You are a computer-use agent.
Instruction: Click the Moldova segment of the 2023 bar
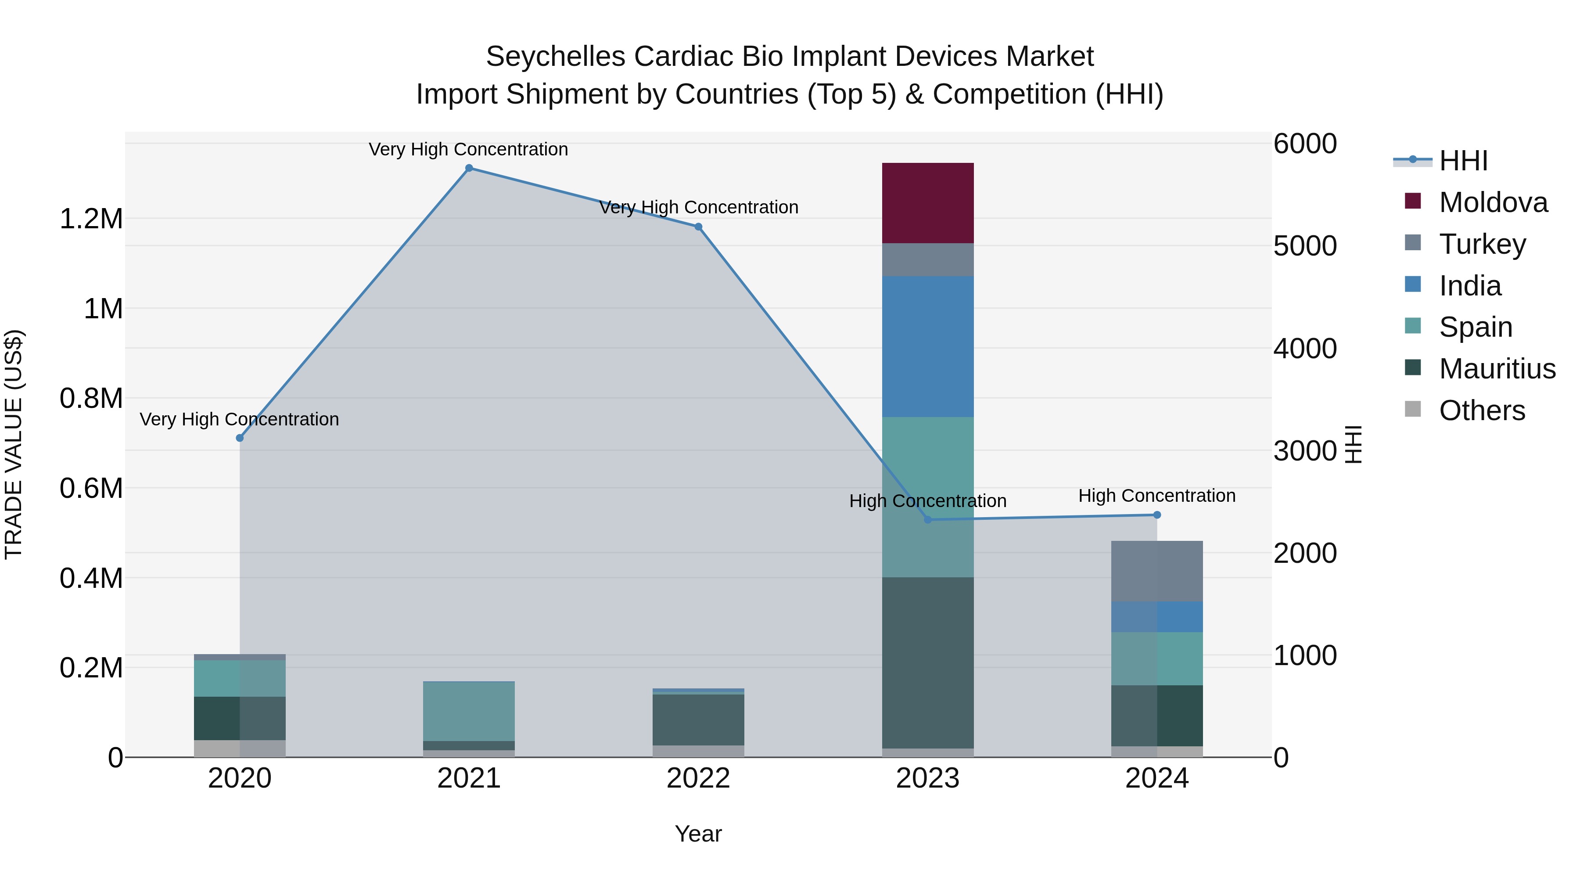[927, 203]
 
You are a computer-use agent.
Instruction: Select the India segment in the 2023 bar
[927, 347]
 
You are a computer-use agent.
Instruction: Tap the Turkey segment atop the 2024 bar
[1157, 571]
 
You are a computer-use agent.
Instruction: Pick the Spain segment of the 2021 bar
[469, 711]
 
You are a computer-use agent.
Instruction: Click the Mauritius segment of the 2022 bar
[698, 720]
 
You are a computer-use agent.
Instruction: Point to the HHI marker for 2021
[469, 168]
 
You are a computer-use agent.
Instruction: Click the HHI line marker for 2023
[927, 520]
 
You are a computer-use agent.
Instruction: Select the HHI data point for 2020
[240, 438]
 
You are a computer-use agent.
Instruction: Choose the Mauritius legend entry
[1497, 369]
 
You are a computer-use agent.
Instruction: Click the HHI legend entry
[1463, 161]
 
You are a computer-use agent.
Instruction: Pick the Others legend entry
[1481, 410]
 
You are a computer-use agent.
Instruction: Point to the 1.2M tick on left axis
[91, 219]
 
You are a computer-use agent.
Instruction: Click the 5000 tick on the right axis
[1305, 246]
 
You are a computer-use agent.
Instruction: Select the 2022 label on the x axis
[698, 778]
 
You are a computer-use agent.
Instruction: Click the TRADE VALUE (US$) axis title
[14, 444]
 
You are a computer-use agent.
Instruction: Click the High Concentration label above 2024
[1157, 496]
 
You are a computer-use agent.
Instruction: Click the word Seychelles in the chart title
[555, 57]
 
